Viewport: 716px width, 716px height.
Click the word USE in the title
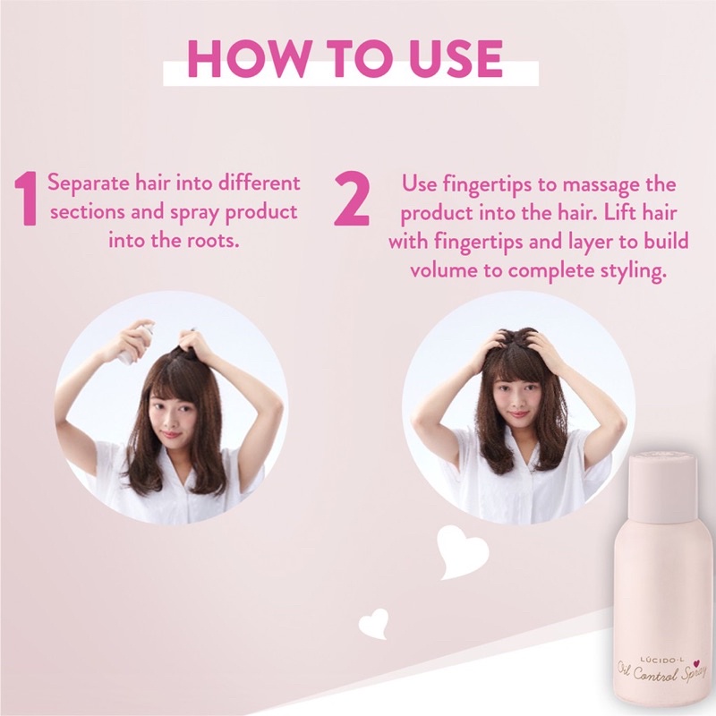point(456,58)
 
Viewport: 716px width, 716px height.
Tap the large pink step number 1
point(26,198)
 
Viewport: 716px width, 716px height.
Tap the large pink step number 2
point(351,198)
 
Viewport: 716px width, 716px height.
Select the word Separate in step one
point(89,184)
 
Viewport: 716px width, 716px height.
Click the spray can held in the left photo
point(136,342)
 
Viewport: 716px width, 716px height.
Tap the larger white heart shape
point(462,551)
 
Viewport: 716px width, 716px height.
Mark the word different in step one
point(259,183)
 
